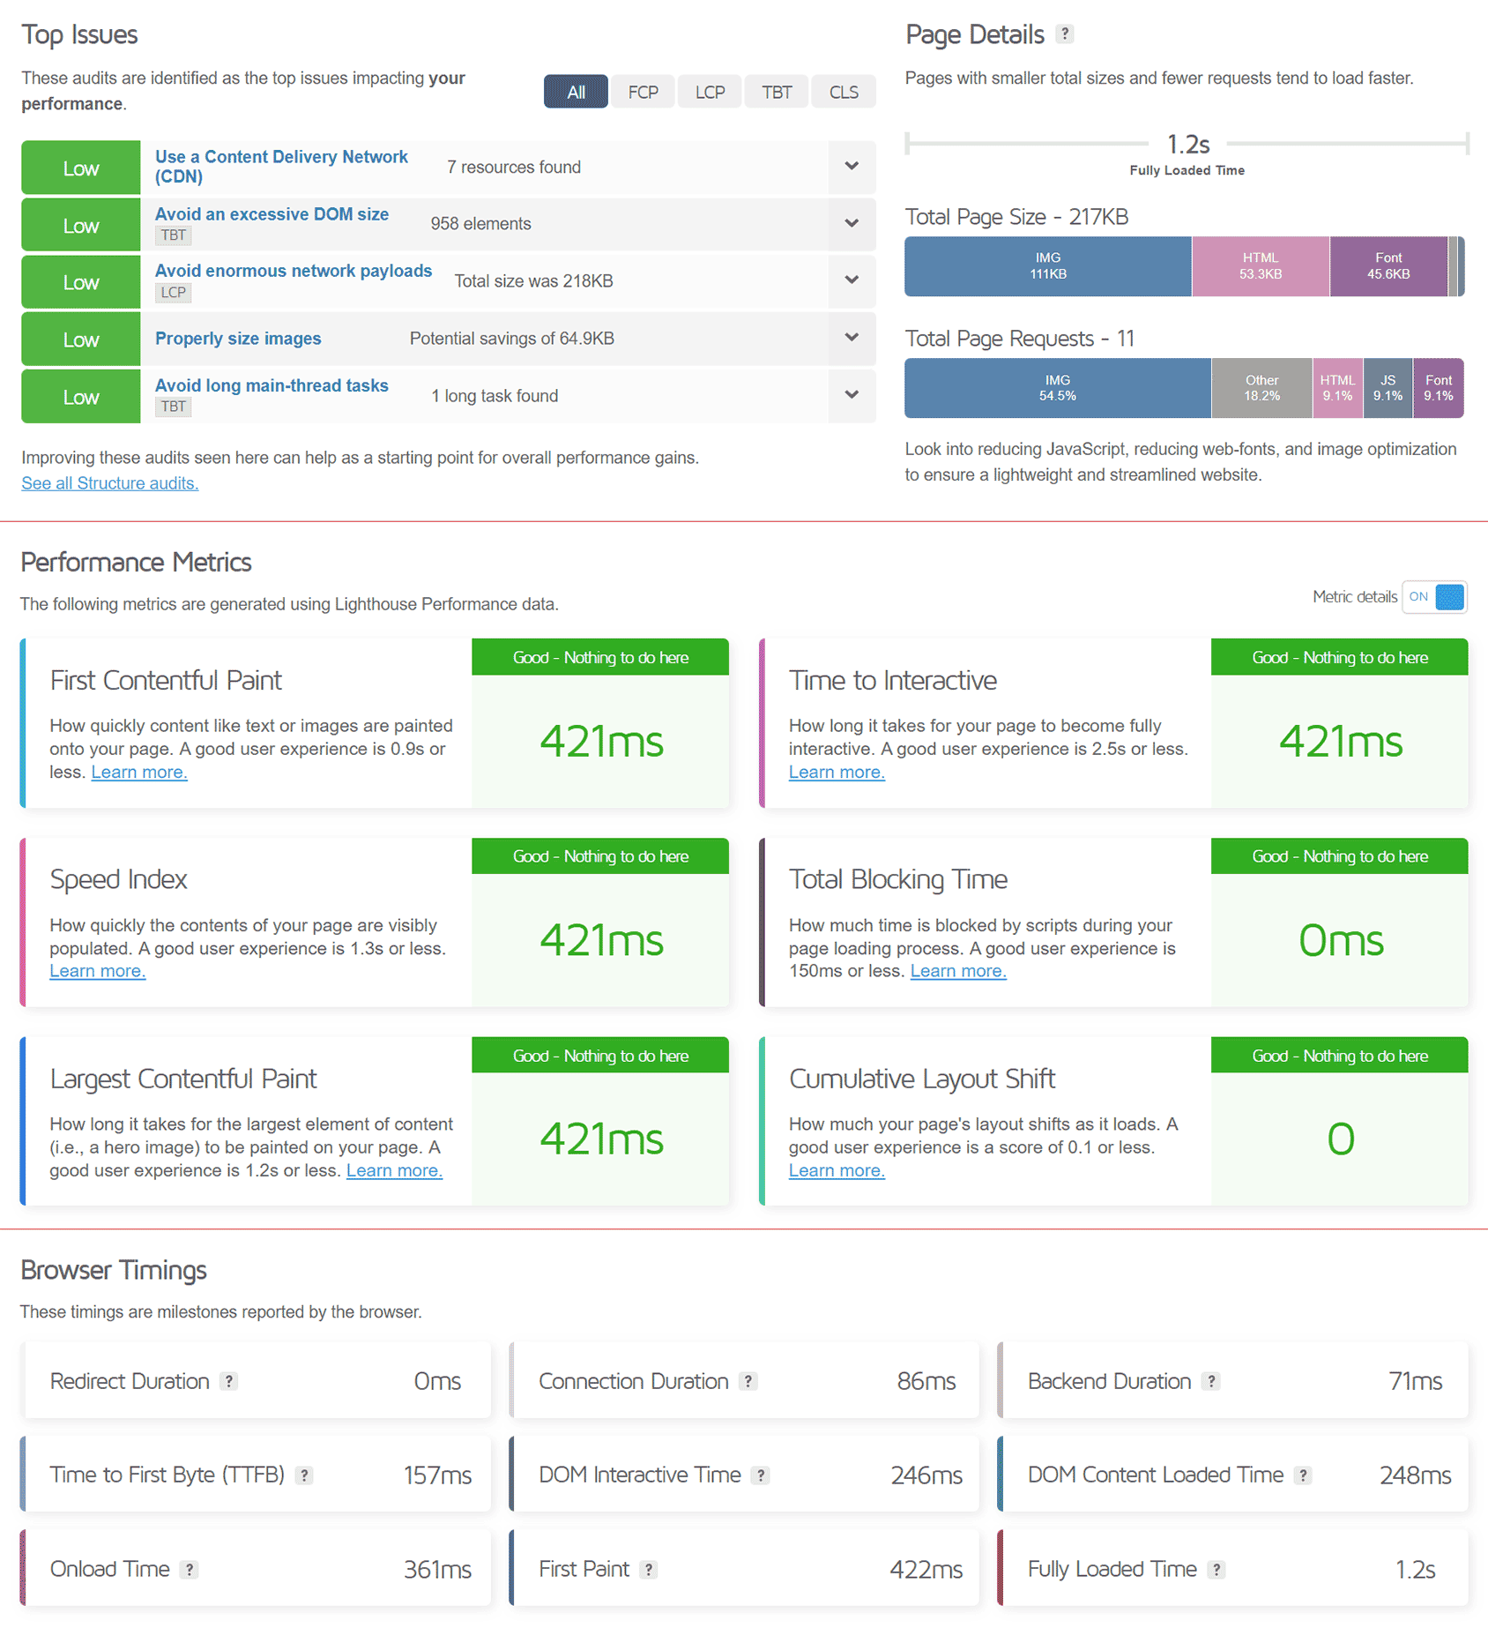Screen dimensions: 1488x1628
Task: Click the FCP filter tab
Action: pos(643,93)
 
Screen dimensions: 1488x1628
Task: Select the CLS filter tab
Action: pos(844,93)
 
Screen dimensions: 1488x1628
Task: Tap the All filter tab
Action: pos(576,93)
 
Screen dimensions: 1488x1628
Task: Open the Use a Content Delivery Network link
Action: pos(281,167)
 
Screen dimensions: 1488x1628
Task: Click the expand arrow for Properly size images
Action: pos(852,338)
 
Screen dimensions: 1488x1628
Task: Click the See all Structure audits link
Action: pos(110,483)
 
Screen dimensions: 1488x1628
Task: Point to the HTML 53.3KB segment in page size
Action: pos(1261,266)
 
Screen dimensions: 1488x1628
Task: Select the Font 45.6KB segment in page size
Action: pos(1388,266)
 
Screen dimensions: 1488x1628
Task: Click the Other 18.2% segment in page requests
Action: pos(1261,388)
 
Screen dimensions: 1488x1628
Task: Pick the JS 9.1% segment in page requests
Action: pos(1388,388)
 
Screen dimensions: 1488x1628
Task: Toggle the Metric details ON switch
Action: pos(1434,597)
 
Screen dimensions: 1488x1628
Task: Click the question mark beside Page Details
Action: pos(1065,34)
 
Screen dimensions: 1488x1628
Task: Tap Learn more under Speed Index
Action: pos(98,971)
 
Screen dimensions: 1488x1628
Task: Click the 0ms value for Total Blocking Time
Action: pos(1341,941)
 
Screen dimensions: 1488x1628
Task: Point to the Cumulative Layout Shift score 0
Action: pos(1341,1139)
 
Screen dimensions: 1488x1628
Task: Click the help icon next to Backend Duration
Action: pos(1211,1381)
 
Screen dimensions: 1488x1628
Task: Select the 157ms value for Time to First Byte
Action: pos(437,1475)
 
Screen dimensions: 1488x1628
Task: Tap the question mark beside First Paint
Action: pos(649,1570)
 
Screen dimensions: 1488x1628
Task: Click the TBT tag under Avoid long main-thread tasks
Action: pos(174,407)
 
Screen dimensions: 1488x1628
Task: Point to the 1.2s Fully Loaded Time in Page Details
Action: pos(1187,145)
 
